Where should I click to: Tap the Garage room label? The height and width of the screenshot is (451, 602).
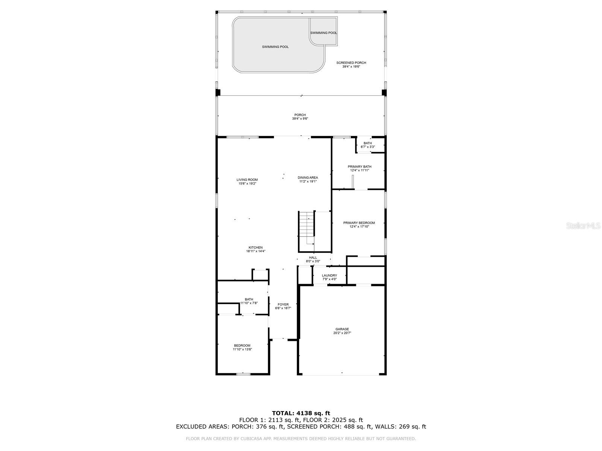[342, 329]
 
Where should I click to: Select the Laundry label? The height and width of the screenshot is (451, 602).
[329, 275]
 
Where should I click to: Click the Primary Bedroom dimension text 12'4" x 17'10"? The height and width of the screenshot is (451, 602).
[359, 227]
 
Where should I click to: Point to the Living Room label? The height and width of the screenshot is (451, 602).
[247, 180]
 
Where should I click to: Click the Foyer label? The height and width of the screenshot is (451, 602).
[283, 304]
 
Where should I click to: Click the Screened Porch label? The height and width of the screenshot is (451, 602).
[351, 63]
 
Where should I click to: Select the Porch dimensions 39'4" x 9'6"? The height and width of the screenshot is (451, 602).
[300, 119]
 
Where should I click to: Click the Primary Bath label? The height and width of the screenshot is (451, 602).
[359, 166]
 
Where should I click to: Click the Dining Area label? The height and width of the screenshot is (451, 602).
[308, 177]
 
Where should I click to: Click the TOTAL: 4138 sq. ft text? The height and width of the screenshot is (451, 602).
[301, 413]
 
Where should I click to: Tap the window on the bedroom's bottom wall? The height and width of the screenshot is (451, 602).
[243, 374]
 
